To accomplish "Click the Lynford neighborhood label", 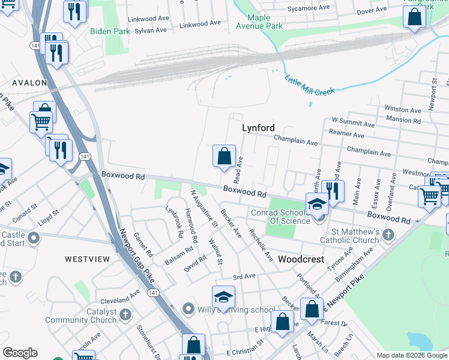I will [x=258, y=128].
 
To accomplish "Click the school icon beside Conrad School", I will [x=318, y=205].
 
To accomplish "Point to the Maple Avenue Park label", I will [x=259, y=22].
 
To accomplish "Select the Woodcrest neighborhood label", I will [x=301, y=260].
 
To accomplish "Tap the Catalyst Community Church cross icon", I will [x=125, y=314].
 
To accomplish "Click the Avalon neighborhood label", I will [x=28, y=82].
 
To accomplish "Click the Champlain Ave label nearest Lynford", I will [x=295, y=141].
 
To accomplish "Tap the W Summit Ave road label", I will [x=353, y=122].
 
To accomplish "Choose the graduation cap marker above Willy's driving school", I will [x=223, y=297].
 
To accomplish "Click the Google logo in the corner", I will [x=20, y=353].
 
